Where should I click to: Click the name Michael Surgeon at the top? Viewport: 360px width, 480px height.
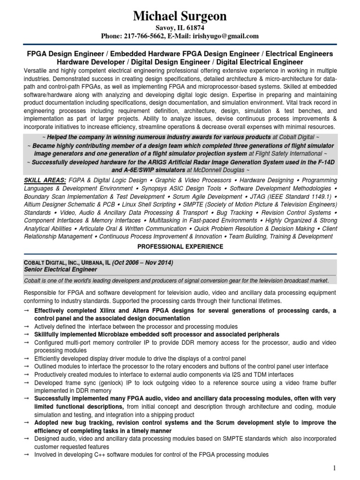pos(180,17)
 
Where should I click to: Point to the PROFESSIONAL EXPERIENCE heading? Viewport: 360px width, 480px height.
pos(180,246)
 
